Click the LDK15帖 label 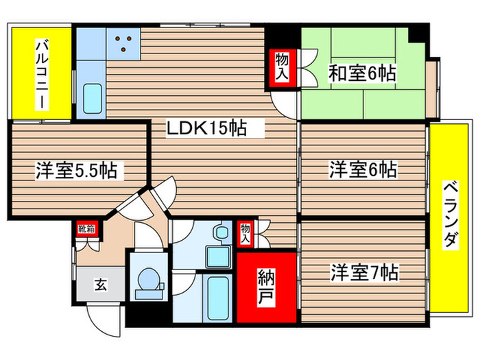click(206, 127)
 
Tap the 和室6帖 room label click(361, 73)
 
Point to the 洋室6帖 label click(363, 169)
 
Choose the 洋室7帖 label click(363, 272)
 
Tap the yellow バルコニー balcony click(42, 74)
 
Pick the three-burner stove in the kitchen click(124, 43)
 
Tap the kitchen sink click(91, 100)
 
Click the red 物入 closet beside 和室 click(282, 68)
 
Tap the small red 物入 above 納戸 click(245, 234)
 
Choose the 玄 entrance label click(99, 283)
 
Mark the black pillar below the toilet click(147, 315)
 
